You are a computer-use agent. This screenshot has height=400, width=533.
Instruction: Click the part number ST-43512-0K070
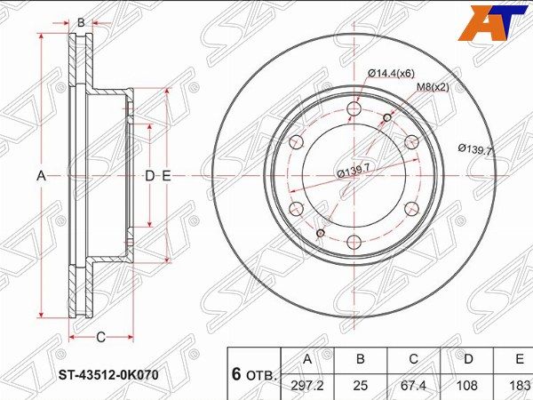coord(108,375)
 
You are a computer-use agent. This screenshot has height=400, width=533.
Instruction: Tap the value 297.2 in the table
coord(307,386)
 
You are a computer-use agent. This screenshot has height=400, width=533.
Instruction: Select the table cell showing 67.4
coord(413,386)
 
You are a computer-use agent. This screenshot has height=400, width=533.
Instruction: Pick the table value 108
coord(467,386)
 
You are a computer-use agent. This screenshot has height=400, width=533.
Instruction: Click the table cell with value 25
coord(361,386)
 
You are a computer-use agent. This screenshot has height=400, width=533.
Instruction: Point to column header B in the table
coord(361,359)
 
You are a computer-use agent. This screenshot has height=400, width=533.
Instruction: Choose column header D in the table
coord(468,359)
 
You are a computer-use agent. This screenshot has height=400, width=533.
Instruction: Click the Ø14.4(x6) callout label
coord(391,73)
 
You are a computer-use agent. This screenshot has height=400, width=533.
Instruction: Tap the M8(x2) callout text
coord(434,87)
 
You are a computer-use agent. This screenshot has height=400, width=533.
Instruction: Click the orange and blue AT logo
coord(493,23)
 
